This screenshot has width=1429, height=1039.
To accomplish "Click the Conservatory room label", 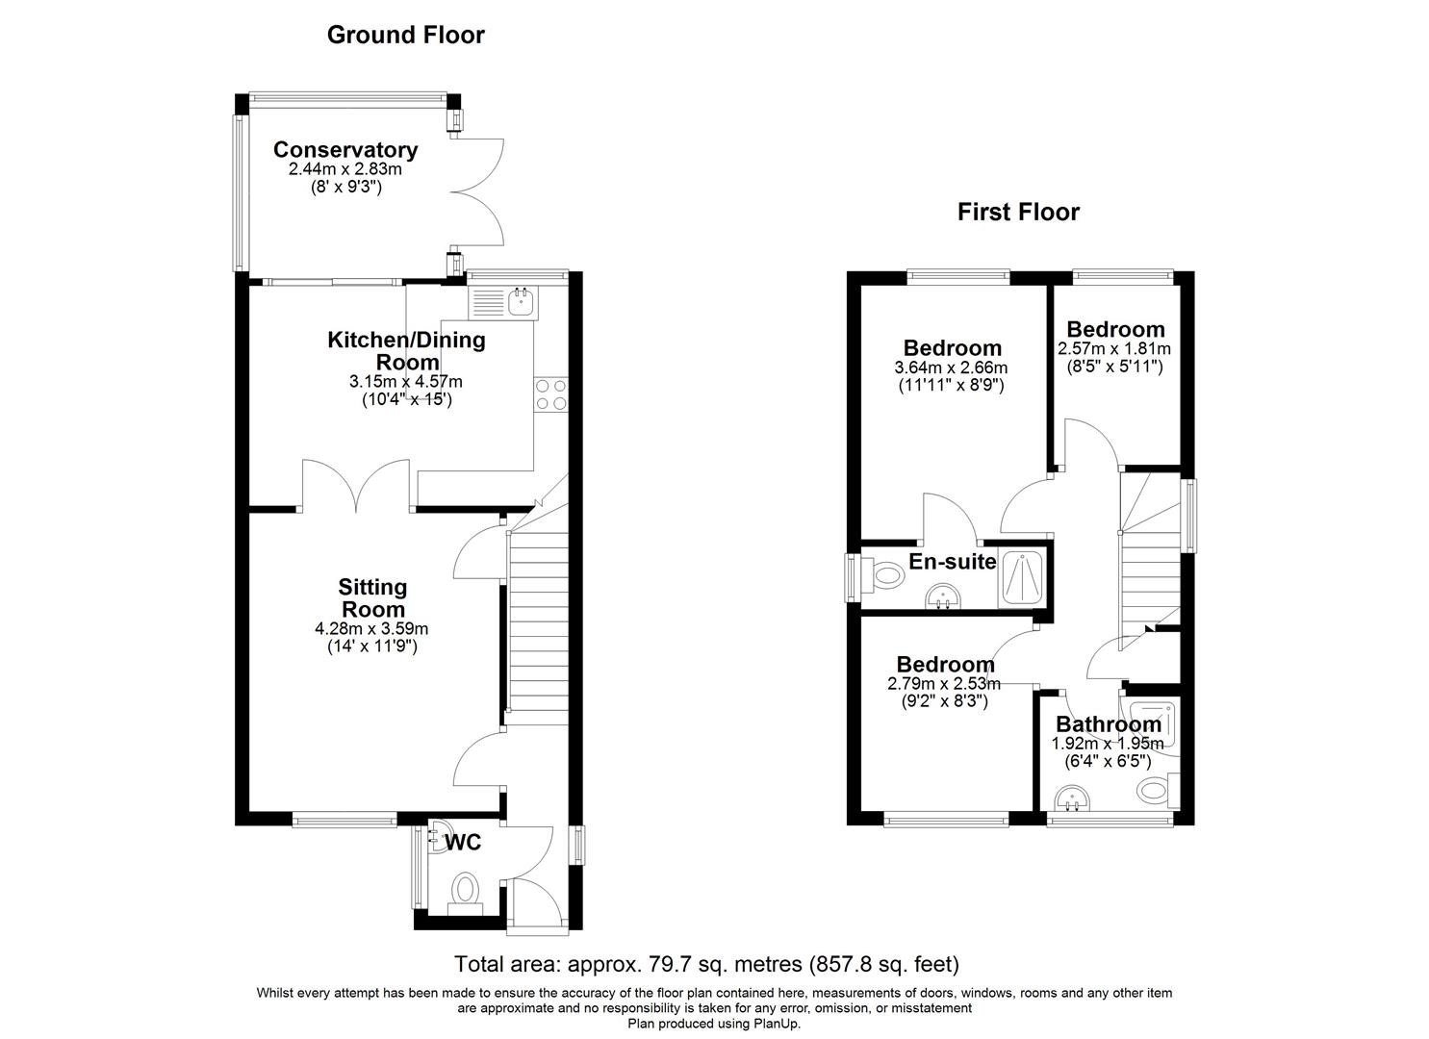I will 344,150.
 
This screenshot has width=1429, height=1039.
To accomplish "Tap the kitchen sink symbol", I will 519,303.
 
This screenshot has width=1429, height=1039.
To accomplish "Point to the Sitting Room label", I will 372,597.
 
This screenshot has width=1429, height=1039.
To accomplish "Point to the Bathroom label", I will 1109,724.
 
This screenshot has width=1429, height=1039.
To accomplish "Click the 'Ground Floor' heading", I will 405,36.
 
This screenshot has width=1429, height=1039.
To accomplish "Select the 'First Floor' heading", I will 1018,212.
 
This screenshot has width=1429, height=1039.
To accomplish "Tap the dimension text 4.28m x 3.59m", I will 371,629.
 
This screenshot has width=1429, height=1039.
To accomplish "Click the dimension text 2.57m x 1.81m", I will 1114,348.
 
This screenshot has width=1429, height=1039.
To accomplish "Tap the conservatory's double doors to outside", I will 481,192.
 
